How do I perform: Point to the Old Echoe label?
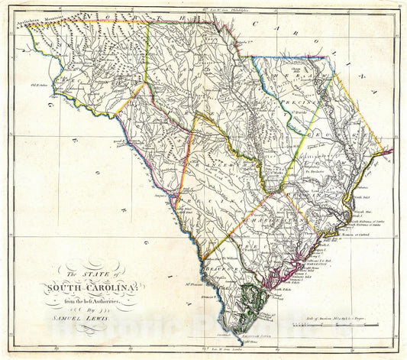pos(38,86)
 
